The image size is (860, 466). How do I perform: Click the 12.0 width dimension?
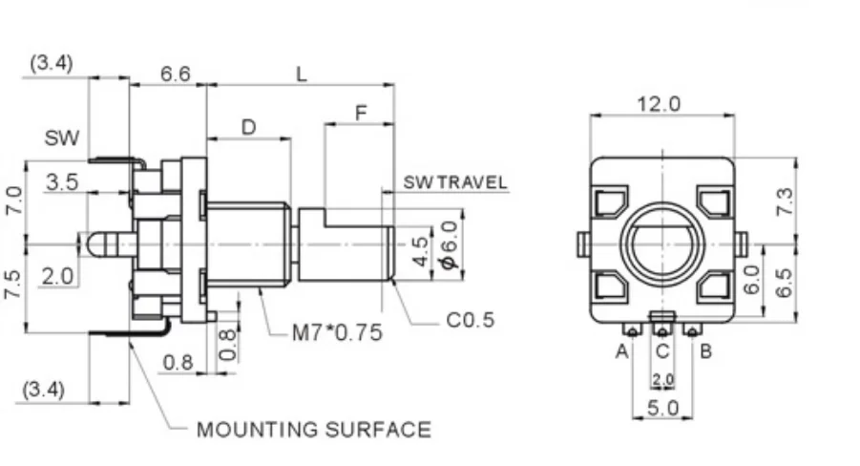[660, 104]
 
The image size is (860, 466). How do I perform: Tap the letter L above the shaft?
[302, 74]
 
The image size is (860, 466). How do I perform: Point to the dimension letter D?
[248, 127]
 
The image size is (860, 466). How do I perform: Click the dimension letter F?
[361, 113]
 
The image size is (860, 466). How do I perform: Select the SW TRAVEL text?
[455, 182]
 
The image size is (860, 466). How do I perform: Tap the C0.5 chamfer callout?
[471, 320]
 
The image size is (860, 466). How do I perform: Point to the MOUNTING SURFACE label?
[313, 430]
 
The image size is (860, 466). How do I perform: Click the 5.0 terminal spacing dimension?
[662, 408]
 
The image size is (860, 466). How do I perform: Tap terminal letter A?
[622, 350]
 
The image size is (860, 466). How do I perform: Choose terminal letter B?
[705, 350]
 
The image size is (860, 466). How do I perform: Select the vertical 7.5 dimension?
[12, 285]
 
